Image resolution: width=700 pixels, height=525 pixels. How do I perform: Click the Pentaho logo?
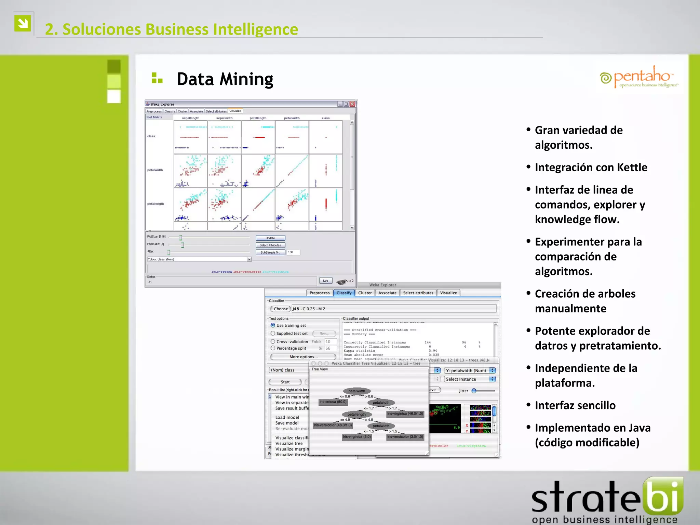click(x=638, y=77)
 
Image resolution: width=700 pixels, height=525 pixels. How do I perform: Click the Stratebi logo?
click(x=607, y=501)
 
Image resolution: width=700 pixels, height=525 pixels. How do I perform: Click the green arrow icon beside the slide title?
click(x=23, y=23)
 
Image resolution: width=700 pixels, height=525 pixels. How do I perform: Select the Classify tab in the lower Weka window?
click(x=344, y=293)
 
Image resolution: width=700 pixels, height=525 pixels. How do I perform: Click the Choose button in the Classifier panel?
click(x=281, y=309)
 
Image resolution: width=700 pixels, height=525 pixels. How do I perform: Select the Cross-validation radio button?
click(x=273, y=341)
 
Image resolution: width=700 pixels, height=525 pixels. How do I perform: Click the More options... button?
click(x=303, y=357)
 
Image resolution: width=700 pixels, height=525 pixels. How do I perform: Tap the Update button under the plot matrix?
click(x=270, y=238)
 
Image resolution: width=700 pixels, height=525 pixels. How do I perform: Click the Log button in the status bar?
click(x=325, y=281)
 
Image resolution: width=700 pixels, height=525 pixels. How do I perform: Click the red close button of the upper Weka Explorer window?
click(x=352, y=104)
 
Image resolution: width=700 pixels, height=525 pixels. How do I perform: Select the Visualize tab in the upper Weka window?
click(x=235, y=111)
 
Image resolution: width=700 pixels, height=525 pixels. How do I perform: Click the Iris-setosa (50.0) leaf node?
click(x=333, y=402)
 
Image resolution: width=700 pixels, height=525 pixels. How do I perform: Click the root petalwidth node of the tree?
click(x=357, y=391)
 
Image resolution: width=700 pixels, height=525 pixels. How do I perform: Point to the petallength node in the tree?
click(x=356, y=414)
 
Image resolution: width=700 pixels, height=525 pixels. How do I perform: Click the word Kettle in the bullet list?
click(x=632, y=167)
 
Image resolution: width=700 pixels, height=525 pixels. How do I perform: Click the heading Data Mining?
click(x=225, y=79)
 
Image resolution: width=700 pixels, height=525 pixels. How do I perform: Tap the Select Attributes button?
click(x=270, y=245)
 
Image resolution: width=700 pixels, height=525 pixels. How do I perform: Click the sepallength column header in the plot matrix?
click(x=190, y=118)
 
